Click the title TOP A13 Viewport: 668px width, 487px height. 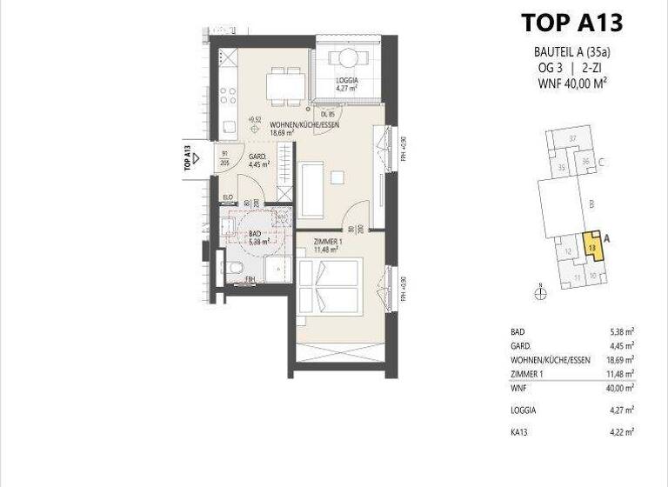point(571,23)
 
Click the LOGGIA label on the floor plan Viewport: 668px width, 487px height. point(347,80)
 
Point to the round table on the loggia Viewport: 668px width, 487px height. point(346,58)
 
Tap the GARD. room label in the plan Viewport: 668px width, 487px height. point(258,158)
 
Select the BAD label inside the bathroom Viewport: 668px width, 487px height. point(255,234)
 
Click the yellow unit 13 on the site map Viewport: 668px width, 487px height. point(591,247)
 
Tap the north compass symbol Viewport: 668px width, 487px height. point(540,293)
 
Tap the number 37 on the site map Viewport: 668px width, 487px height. point(572,139)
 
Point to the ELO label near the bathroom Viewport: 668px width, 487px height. point(228,197)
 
